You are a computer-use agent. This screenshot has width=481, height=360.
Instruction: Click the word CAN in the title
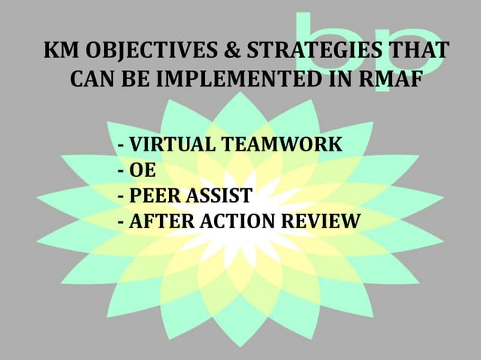coord(93,78)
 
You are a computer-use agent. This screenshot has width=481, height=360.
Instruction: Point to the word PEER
coord(155,197)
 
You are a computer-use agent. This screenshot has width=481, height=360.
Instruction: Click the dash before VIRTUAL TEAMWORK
coord(122,145)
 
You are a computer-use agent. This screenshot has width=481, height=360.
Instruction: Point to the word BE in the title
coord(136,78)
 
